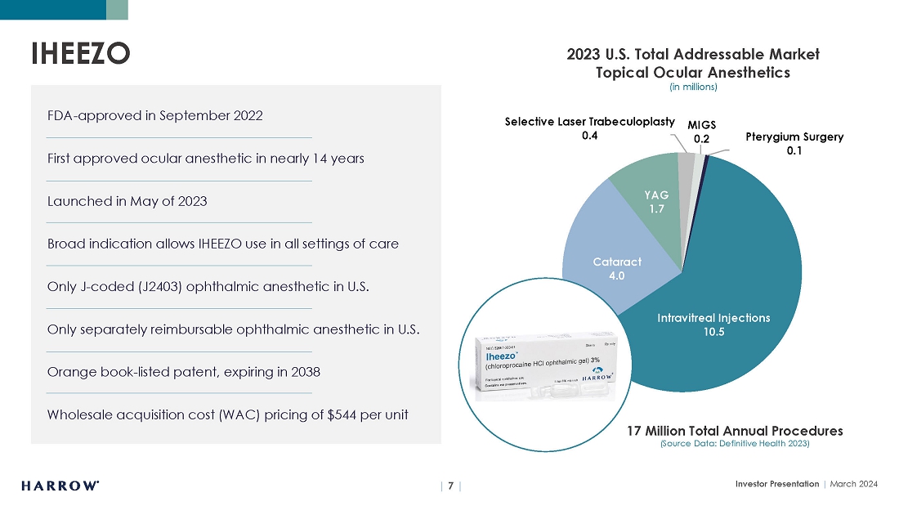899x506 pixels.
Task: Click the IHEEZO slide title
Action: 80,53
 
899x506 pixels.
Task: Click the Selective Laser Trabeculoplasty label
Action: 589,122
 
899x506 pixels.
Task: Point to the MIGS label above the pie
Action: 701,125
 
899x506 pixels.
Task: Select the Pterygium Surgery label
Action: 794,137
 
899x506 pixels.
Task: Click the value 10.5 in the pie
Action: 713,332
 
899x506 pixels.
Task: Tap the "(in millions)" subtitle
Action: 693,87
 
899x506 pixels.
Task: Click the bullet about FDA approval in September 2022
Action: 155,115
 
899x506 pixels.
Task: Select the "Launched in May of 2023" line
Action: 127,201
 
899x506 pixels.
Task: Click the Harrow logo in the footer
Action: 60,485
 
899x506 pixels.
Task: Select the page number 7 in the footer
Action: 450,485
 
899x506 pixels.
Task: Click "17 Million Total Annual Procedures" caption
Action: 735,430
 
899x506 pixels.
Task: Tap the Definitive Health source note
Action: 735,444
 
